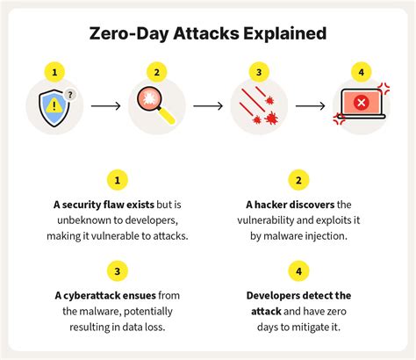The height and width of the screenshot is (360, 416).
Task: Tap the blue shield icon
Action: pyautogui.click(x=54, y=106)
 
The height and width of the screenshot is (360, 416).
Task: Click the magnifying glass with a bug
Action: pyautogui.click(x=154, y=106)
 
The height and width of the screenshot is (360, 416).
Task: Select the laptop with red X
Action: pyautogui.click(x=359, y=106)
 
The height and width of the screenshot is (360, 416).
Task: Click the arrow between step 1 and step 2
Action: pyautogui.click(x=105, y=106)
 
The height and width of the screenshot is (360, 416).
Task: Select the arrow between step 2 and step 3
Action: pyautogui.click(x=207, y=106)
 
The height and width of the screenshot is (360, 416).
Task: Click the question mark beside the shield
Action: pyautogui.click(x=70, y=94)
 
